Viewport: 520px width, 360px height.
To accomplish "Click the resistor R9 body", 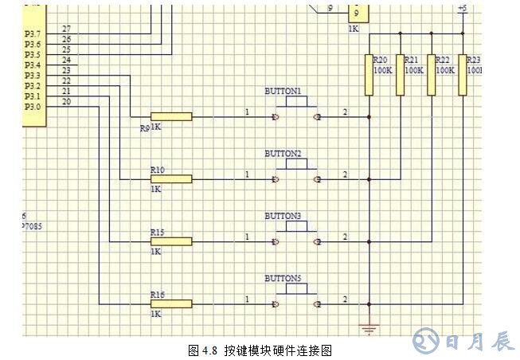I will pos(171,117).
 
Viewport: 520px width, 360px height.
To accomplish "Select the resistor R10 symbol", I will pos(171,178).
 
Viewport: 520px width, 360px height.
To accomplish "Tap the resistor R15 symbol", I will pos(171,241).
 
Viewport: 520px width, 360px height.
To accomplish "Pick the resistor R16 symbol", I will pos(171,303).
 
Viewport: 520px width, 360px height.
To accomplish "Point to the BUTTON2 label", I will pos(283,153).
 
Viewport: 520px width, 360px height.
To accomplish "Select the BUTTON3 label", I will pos(283,216).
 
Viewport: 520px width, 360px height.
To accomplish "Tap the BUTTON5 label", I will pos(283,278).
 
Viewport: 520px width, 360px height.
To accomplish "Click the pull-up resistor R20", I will pos(369,75).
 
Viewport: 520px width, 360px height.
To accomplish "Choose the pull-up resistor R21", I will pos(401,75).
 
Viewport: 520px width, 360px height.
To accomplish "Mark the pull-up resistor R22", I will pos(432,75).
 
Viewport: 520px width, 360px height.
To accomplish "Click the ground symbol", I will pos(369,326).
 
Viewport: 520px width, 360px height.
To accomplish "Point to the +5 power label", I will pos(462,8).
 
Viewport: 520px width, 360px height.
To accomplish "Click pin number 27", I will pos(65,29).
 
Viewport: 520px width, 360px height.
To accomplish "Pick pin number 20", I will pos(65,101).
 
